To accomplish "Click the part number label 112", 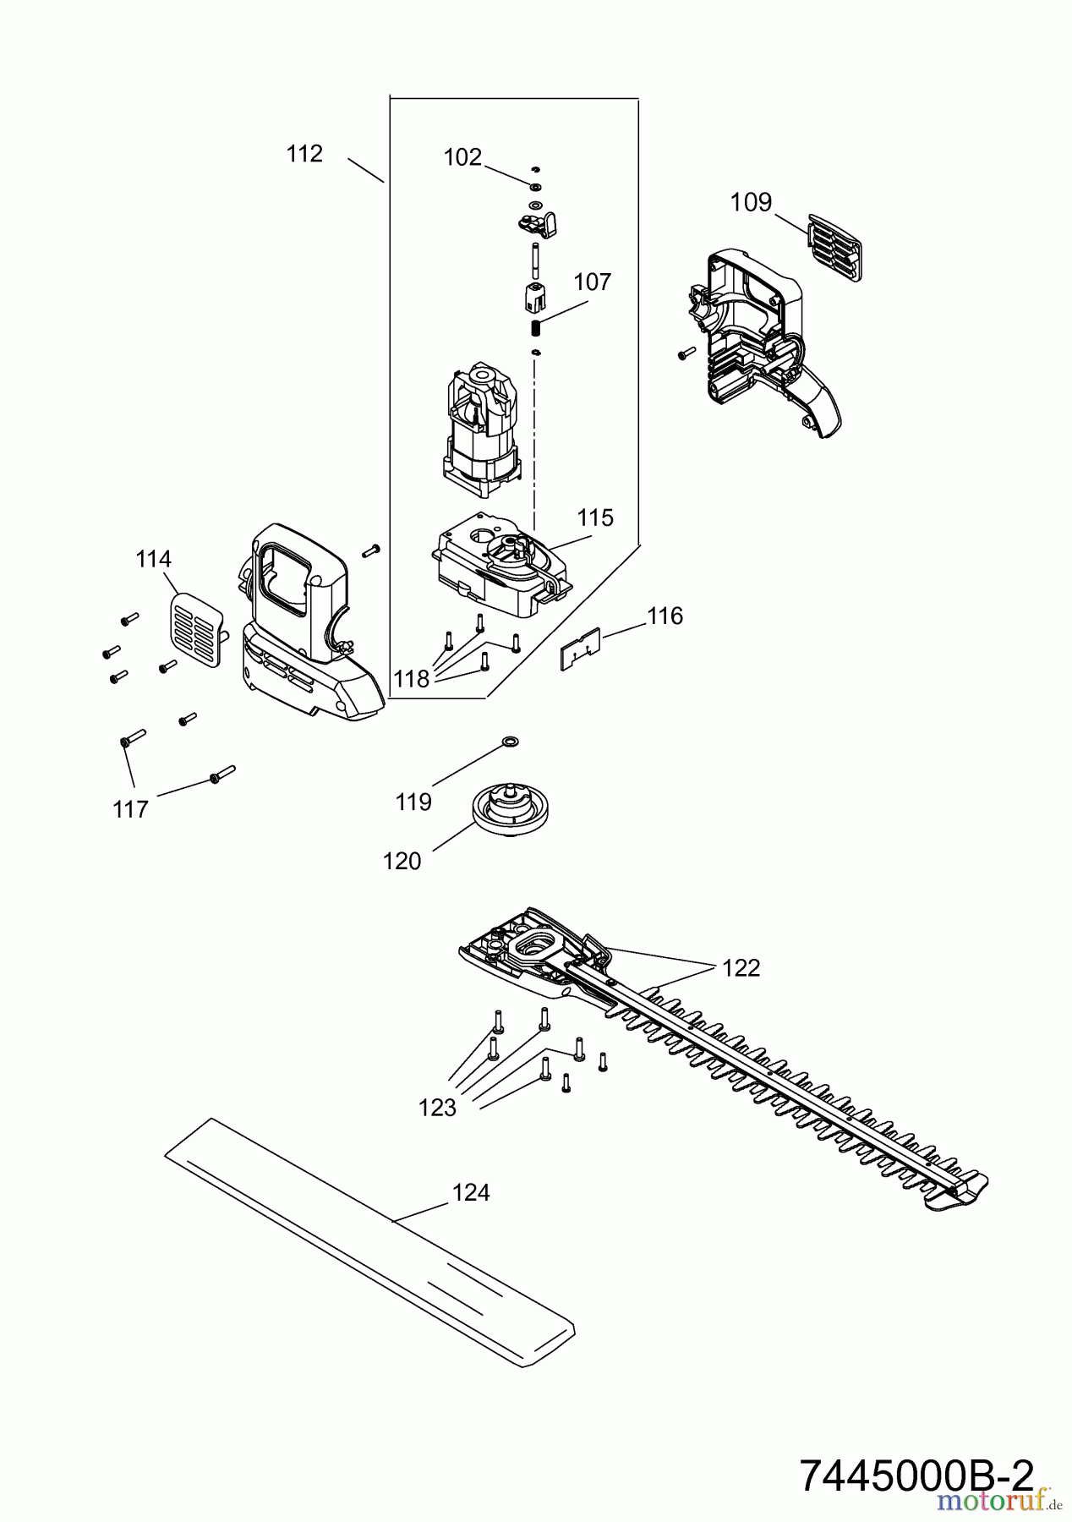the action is tap(304, 154).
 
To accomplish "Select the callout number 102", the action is tap(462, 157).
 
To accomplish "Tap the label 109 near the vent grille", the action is tap(752, 202).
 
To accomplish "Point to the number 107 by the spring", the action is tap(592, 282).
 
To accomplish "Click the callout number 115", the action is tap(595, 517).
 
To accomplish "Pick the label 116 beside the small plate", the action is tap(665, 616).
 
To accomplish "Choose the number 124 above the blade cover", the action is tap(471, 1192).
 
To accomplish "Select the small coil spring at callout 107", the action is tap(534, 326).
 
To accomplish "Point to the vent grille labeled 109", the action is tap(834, 246).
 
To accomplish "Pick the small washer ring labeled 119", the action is tap(510, 742).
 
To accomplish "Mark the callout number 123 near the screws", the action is tap(437, 1108).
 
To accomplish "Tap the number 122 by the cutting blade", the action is tap(741, 968).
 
